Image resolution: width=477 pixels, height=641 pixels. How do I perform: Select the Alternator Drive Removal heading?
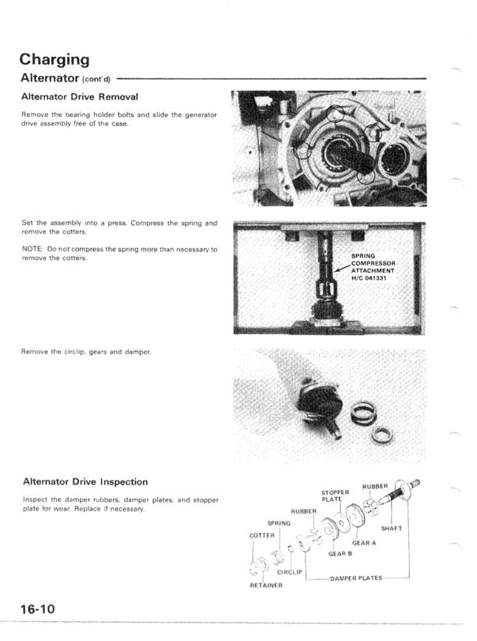point(80,96)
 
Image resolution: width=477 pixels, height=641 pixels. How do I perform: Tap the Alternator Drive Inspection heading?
point(85,481)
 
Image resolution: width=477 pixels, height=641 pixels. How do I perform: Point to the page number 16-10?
point(38,609)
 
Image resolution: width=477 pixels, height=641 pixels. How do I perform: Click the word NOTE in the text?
point(32,250)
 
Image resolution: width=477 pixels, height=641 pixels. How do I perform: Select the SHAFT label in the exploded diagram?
point(392,528)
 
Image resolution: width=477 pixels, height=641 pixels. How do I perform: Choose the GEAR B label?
point(340,553)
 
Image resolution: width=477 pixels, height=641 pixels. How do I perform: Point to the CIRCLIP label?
point(291,571)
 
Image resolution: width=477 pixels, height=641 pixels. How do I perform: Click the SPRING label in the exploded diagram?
point(280,522)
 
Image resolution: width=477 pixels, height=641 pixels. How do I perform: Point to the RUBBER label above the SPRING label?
point(304,511)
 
